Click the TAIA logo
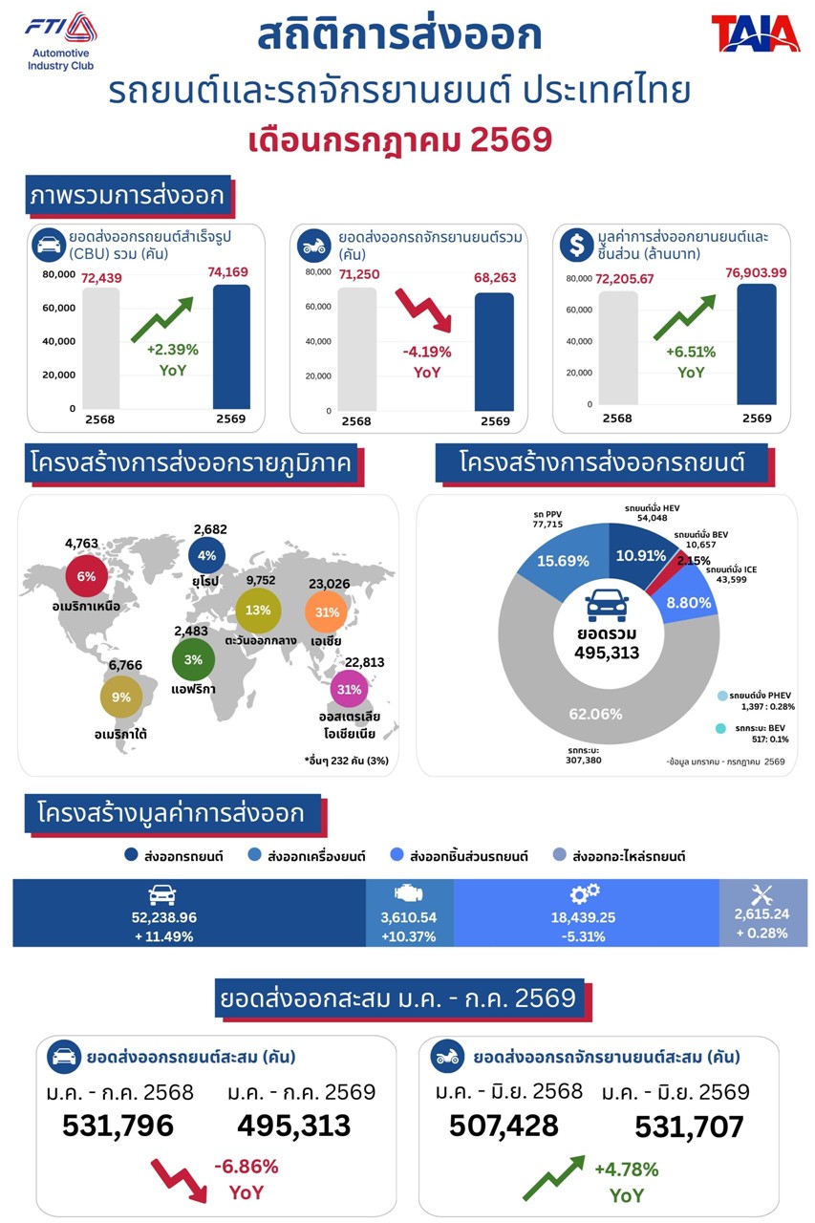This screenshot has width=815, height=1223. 755,33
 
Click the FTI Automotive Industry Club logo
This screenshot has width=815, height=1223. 60,42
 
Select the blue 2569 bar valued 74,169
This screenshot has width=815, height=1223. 231,347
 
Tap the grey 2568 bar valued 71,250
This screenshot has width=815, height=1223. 357,349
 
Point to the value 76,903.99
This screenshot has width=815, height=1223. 756,272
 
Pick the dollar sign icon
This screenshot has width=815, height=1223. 576,246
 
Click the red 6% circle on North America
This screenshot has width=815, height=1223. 86,576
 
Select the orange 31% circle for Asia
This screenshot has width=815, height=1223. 327,612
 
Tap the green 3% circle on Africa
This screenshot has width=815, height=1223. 193,659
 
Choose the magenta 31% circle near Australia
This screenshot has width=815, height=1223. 349,690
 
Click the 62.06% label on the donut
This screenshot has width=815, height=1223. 595,714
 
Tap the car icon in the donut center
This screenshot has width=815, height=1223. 607,605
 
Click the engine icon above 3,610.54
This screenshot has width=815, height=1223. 408,893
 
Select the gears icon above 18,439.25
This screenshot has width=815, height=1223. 584,893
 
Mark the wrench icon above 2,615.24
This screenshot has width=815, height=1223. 761,894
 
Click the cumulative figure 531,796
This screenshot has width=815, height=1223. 118,1126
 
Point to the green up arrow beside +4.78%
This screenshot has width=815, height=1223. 553,1177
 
